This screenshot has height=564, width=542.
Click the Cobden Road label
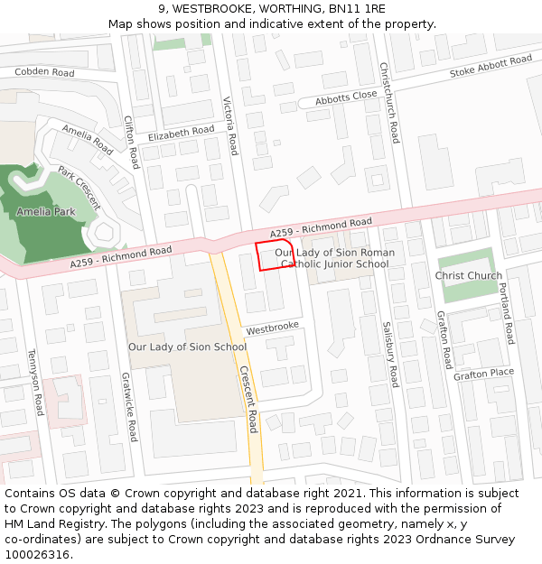pyautogui.click(x=44, y=72)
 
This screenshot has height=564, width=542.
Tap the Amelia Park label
pyautogui.click(x=45, y=211)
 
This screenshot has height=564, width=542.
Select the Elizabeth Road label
pyautogui.click(x=181, y=133)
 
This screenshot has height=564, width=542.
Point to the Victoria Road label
pyautogui.click(x=230, y=125)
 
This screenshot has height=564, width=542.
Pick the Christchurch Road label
pyautogui.click(x=388, y=103)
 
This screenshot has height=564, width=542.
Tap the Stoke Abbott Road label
pyautogui.click(x=491, y=66)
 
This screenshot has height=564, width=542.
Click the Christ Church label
pyautogui.click(x=468, y=276)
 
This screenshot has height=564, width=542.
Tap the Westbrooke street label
pyautogui.click(x=272, y=326)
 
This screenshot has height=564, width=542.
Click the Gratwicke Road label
pyautogui.click(x=130, y=408)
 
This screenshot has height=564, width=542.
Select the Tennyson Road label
pyautogui.click(x=36, y=383)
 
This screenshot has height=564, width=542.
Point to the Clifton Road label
pyautogui.click(x=132, y=142)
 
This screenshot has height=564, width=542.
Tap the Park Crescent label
pyautogui.click(x=79, y=188)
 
